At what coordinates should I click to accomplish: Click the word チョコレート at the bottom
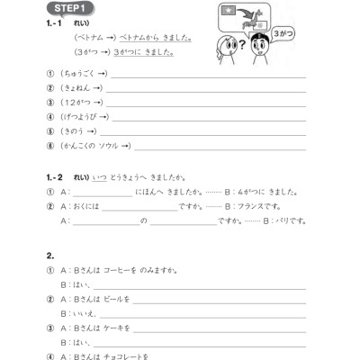click(x=126, y=355)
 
